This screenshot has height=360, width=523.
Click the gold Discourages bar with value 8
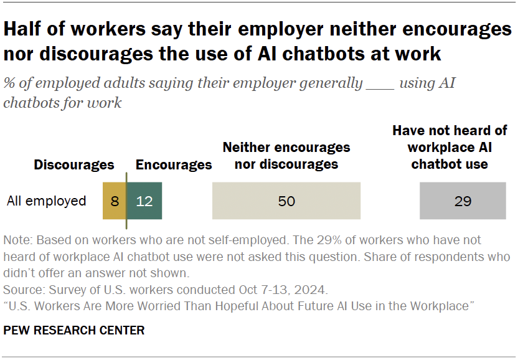(x=115, y=201)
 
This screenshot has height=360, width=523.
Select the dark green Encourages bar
(x=144, y=201)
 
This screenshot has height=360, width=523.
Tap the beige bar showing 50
(x=286, y=201)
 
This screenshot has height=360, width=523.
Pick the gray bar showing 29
(x=463, y=201)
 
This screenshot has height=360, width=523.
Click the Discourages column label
(x=74, y=165)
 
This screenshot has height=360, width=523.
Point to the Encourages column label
(x=174, y=165)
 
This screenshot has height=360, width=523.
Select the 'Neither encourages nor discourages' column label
(x=286, y=156)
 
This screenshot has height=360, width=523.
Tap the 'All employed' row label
(x=46, y=201)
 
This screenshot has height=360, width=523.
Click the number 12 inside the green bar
(x=144, y=201)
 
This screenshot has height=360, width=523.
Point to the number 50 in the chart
(x=286, y=201)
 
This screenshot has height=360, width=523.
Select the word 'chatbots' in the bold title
(x=319, y=54)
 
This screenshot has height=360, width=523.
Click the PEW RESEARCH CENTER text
(x=74, y=330)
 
